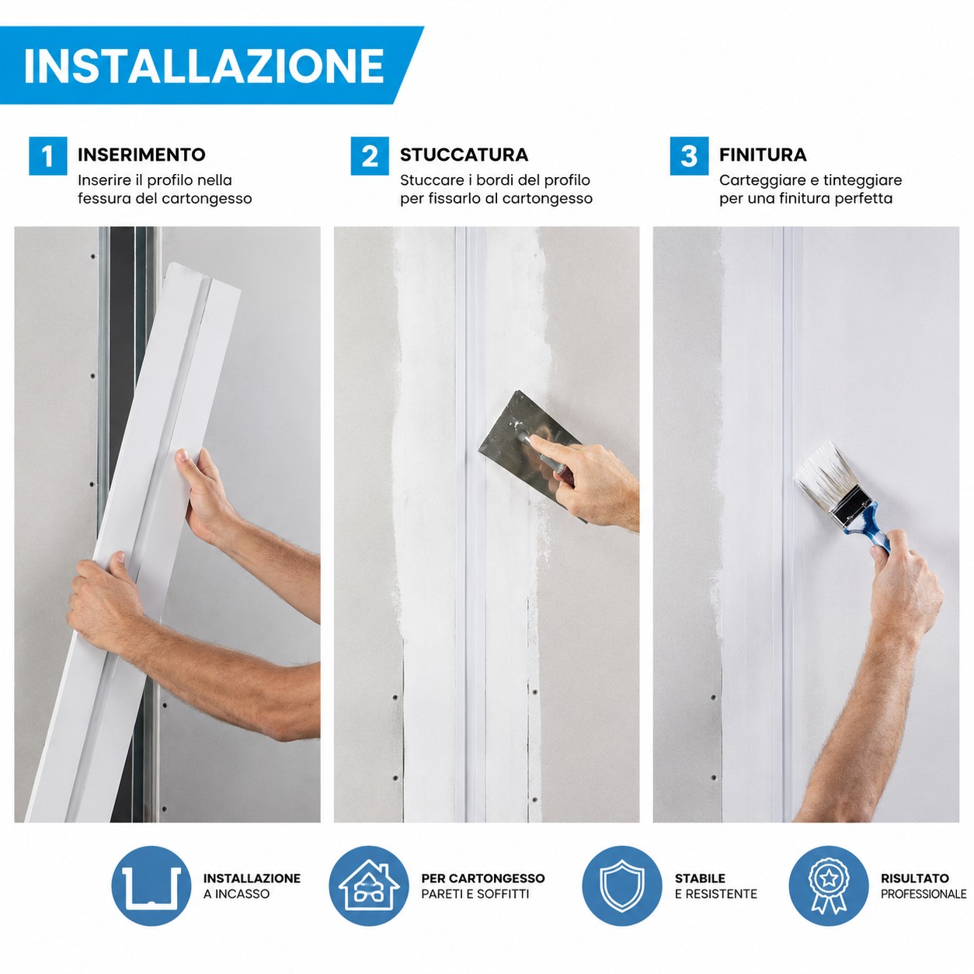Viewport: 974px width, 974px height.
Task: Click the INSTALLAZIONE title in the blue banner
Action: pyautogui.click(x=204, y=66)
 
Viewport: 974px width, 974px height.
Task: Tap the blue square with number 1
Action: pyautogui.click(x=47, y=155)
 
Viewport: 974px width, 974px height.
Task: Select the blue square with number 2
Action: pyautogui.click(x=370, y=155)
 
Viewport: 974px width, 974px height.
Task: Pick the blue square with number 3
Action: pyautogui.click(x=689, y=155)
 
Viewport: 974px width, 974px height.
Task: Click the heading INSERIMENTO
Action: pyautogui.click(x=141, y=155)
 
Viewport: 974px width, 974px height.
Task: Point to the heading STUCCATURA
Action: pyautogui.click(x=464, y=155)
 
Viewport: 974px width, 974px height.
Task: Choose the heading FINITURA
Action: pyautogui.click(x=763, y=155)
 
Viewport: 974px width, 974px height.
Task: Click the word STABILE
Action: pyautogui.click(x=700, y=878)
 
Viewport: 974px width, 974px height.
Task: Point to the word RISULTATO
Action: pyautogui.click(x=914, y=878)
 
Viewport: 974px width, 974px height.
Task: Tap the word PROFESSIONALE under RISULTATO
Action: pyautogui.click(x=924, y=894)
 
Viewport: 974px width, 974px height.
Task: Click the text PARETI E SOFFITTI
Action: pyautogui.click(x=475, y=894)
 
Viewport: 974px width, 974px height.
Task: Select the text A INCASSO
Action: pyautogui.click(x=236, y=894)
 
